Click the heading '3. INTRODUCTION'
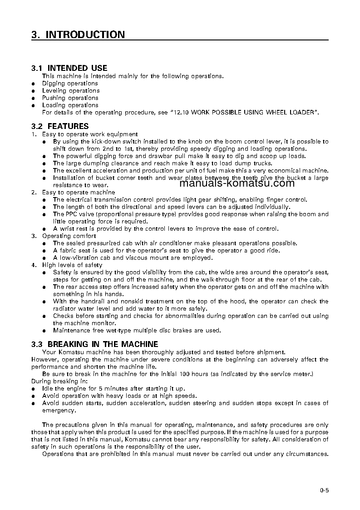(x=78, y=35)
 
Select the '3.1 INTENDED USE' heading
(x=69, y=68)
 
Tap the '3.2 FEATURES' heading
(x=60, y=126)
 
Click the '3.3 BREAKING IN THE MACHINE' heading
(x=94, y=344)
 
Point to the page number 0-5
(x=324, y=490)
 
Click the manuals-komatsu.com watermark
(x=237, y=183)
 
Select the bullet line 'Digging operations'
(x=70, y=84)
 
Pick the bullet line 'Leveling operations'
(x=70, y=91)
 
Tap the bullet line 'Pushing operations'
(x=70, y=98)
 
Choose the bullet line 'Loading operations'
(x=70, y=105)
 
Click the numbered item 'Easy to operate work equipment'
(x=90, y=134)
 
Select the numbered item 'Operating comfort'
(x=69, y=236)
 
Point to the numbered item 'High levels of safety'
(x=72, y=265)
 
